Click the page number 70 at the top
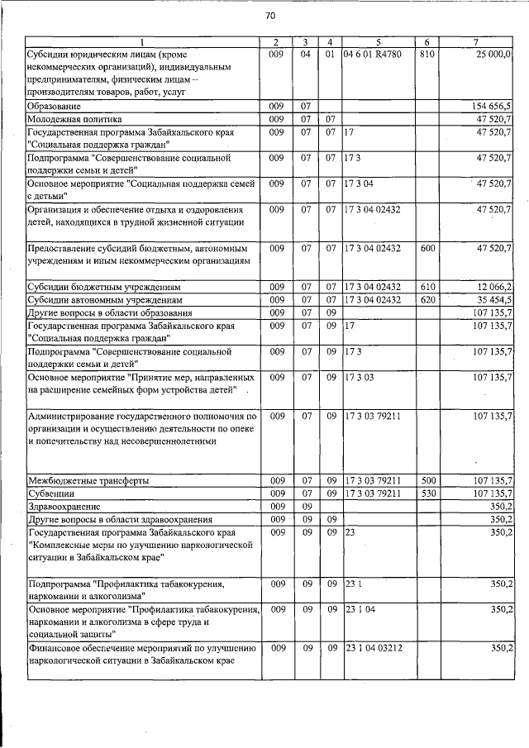pos(270,17)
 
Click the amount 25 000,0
pos(493,55)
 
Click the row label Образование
pos(54,107)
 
